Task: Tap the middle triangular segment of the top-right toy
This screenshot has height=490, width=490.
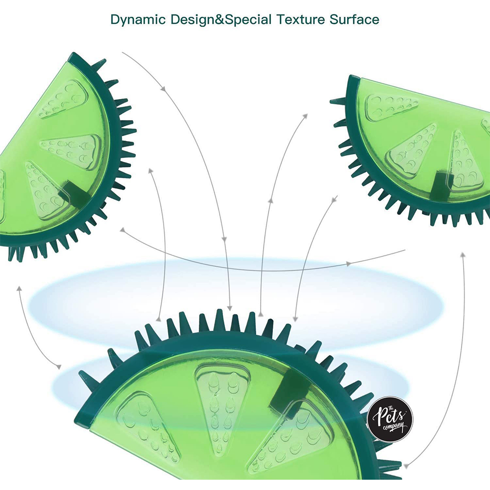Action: tap(412, 147)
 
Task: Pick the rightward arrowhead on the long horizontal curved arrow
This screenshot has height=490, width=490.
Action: tap(349, 264)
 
